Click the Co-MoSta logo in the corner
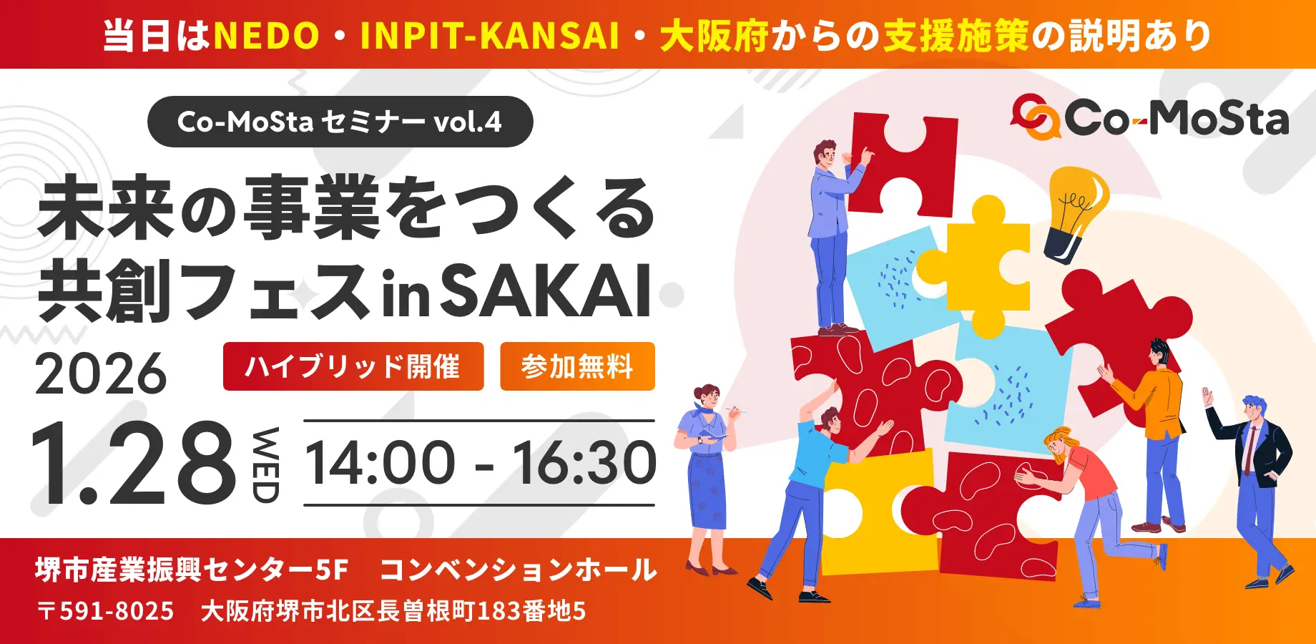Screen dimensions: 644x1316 click(x=1150, y=118)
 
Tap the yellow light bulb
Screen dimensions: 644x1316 click(x=1075, y=211)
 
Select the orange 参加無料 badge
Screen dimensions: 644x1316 click(x=577, y=366)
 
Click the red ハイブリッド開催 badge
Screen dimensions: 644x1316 click(x=353, y=366)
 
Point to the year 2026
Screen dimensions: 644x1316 click(x=100, y=374)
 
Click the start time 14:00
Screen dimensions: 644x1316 click(x=380, y=463)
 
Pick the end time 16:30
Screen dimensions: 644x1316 click(x=584, y=463)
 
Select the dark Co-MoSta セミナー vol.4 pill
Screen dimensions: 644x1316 click(x=340, y=122)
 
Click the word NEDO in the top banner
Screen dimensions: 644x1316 click(x=266, y=36)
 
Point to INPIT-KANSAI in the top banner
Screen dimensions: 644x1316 click(x=489, y=36)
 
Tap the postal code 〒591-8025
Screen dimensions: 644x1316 click(x=106, y=611)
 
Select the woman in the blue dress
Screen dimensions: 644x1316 click(x=707, y=472)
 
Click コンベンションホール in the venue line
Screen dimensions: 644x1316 click(x=518, y=570)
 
